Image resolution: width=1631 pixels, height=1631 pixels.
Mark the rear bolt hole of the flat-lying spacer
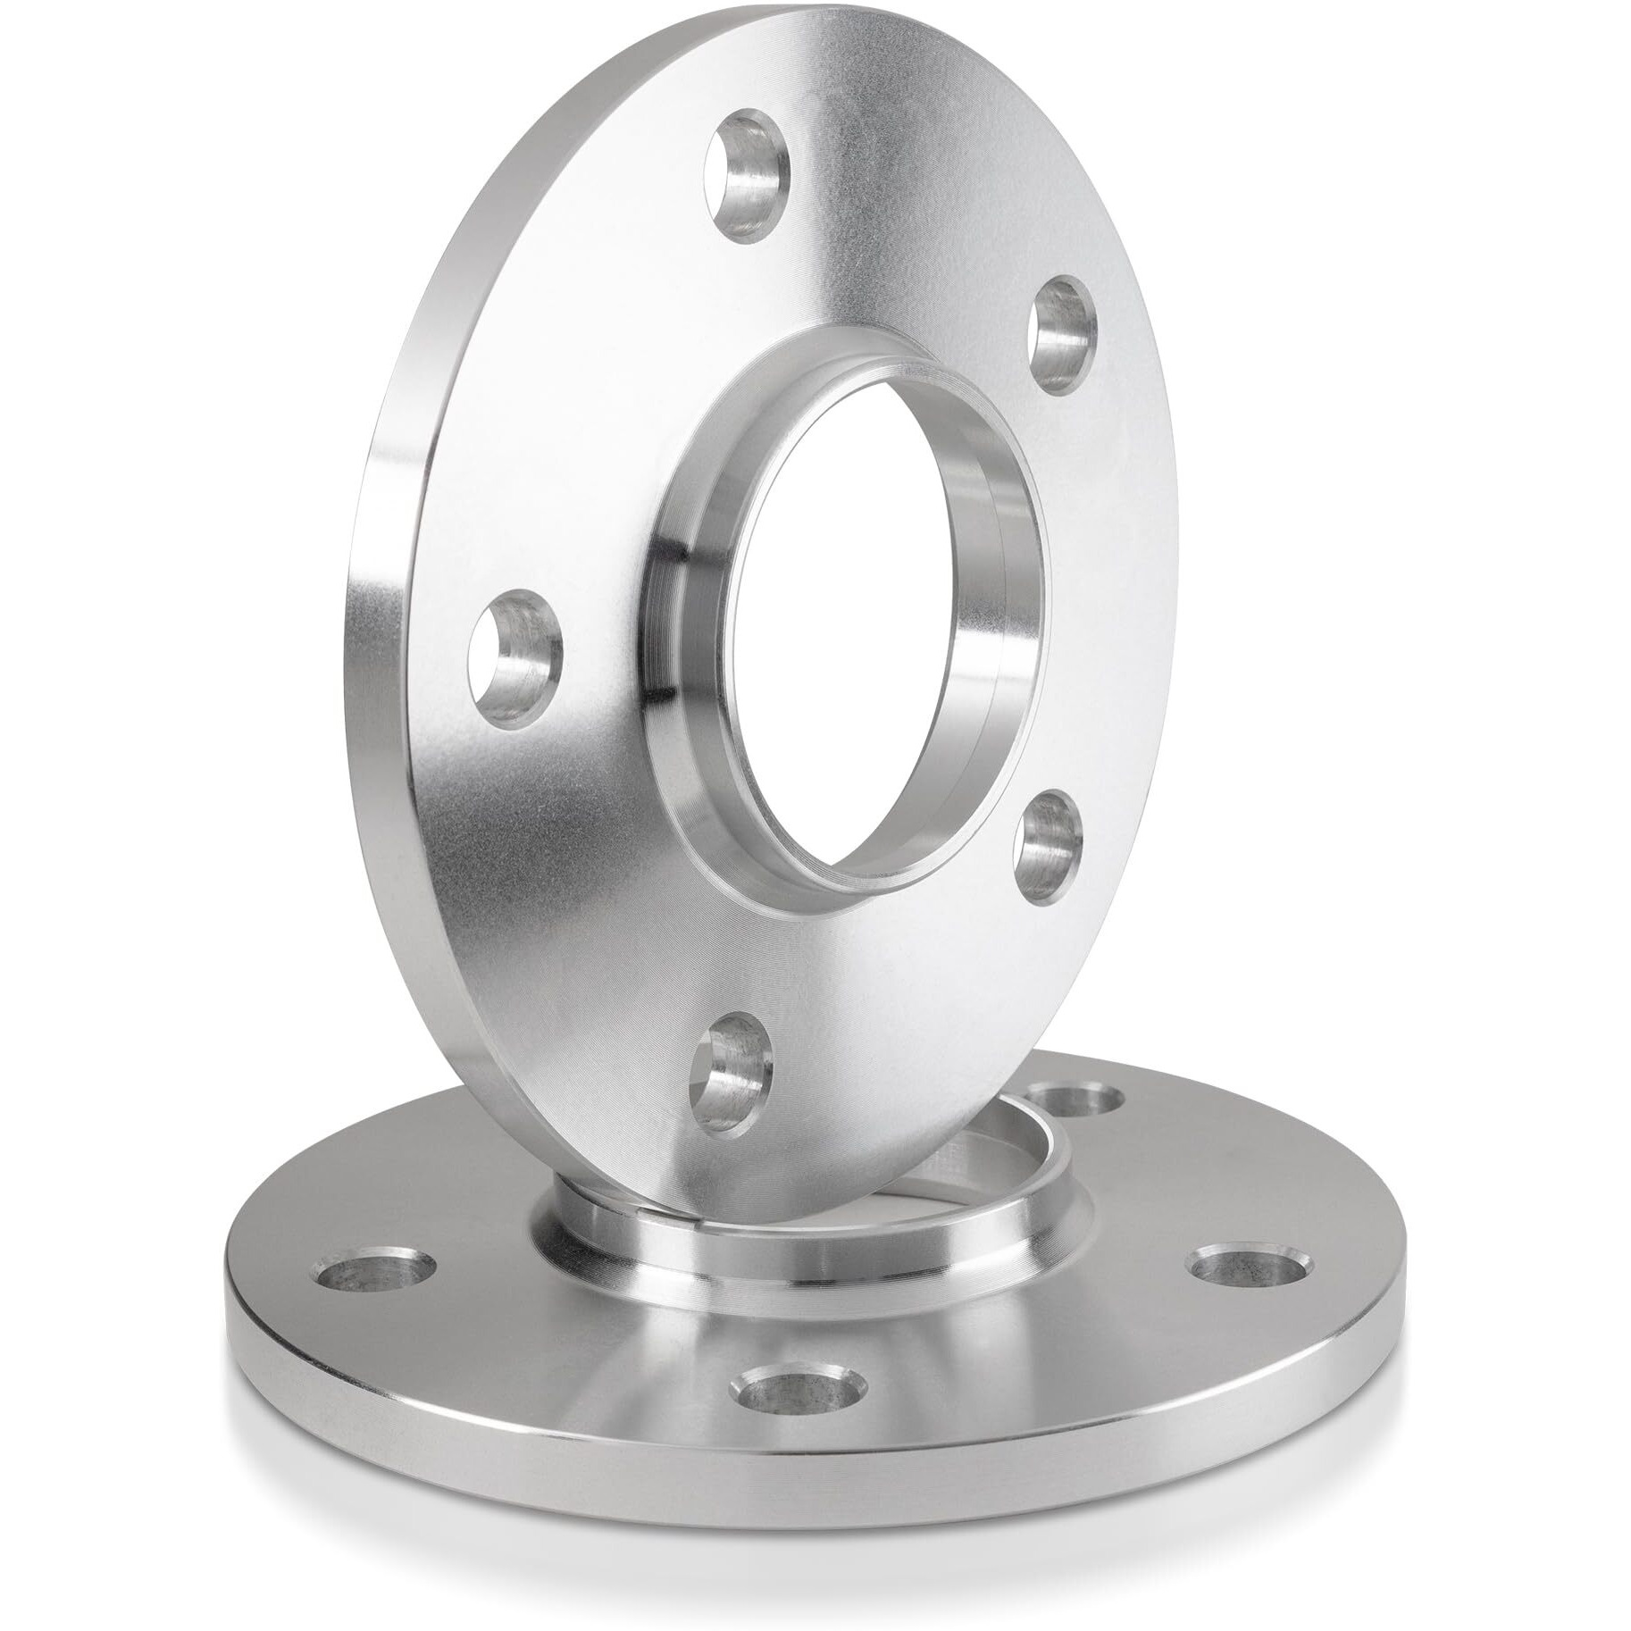pos(1072,1100)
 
